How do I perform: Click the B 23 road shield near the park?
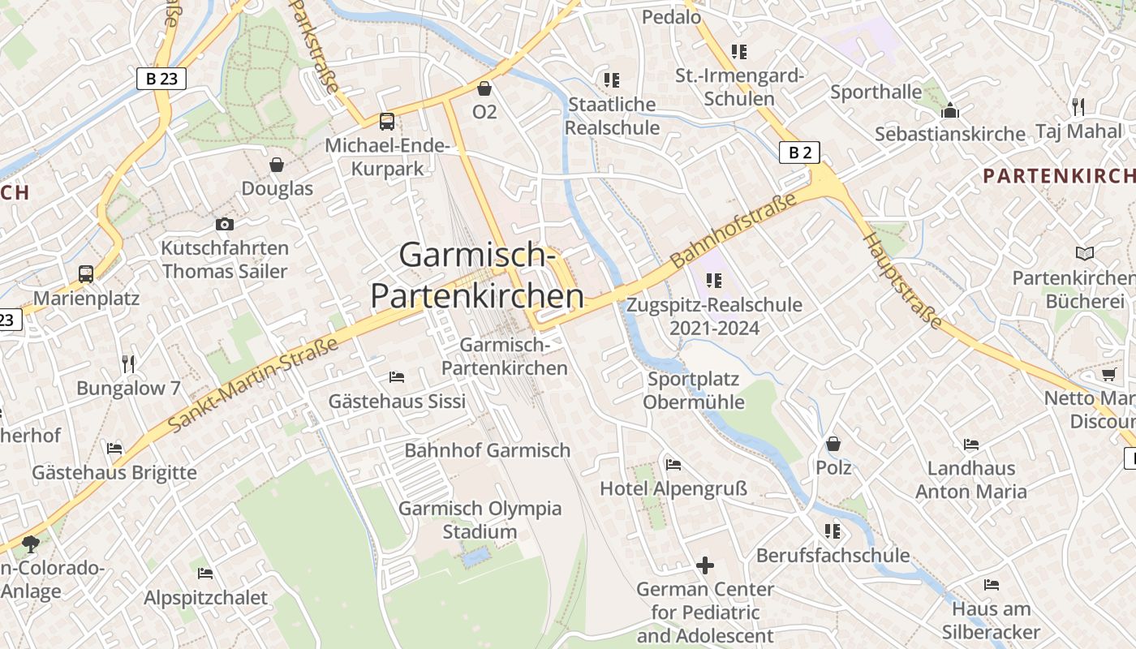point(161,79)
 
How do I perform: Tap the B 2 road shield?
point(799,153)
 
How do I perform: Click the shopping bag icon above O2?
point(484,88)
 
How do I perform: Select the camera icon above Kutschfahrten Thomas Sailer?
point(225,224)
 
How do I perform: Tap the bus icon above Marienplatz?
point(86,274)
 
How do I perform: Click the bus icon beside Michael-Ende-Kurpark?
point(387,122)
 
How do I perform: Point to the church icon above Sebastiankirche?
point(949,110)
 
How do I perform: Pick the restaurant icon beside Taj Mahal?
point(1078,106)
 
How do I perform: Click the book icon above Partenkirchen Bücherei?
point(1084,254)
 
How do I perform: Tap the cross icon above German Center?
point(705,565)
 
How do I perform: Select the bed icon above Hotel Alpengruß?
point(673,465)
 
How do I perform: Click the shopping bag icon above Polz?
point(833,444)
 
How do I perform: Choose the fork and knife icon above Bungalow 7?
point(128,363)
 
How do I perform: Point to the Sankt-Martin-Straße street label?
point(252,385)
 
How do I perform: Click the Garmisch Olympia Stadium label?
point(480,520)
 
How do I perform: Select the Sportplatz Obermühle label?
point(694,390)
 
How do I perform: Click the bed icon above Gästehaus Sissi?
point(397,376)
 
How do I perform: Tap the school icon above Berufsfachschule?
point(833,531)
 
